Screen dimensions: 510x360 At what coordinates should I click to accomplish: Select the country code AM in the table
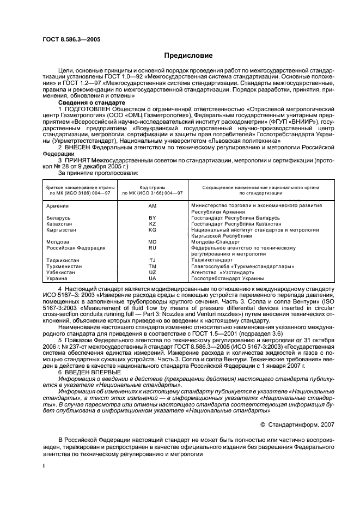point(152,205)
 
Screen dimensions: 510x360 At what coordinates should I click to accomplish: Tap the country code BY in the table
point(152,217)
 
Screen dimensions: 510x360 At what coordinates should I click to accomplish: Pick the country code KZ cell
point(152,223)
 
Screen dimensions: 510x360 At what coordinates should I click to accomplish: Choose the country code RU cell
point(152,247)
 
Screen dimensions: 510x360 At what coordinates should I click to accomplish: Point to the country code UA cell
point(152,278)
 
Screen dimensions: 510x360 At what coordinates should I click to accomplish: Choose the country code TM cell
point(152,266)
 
